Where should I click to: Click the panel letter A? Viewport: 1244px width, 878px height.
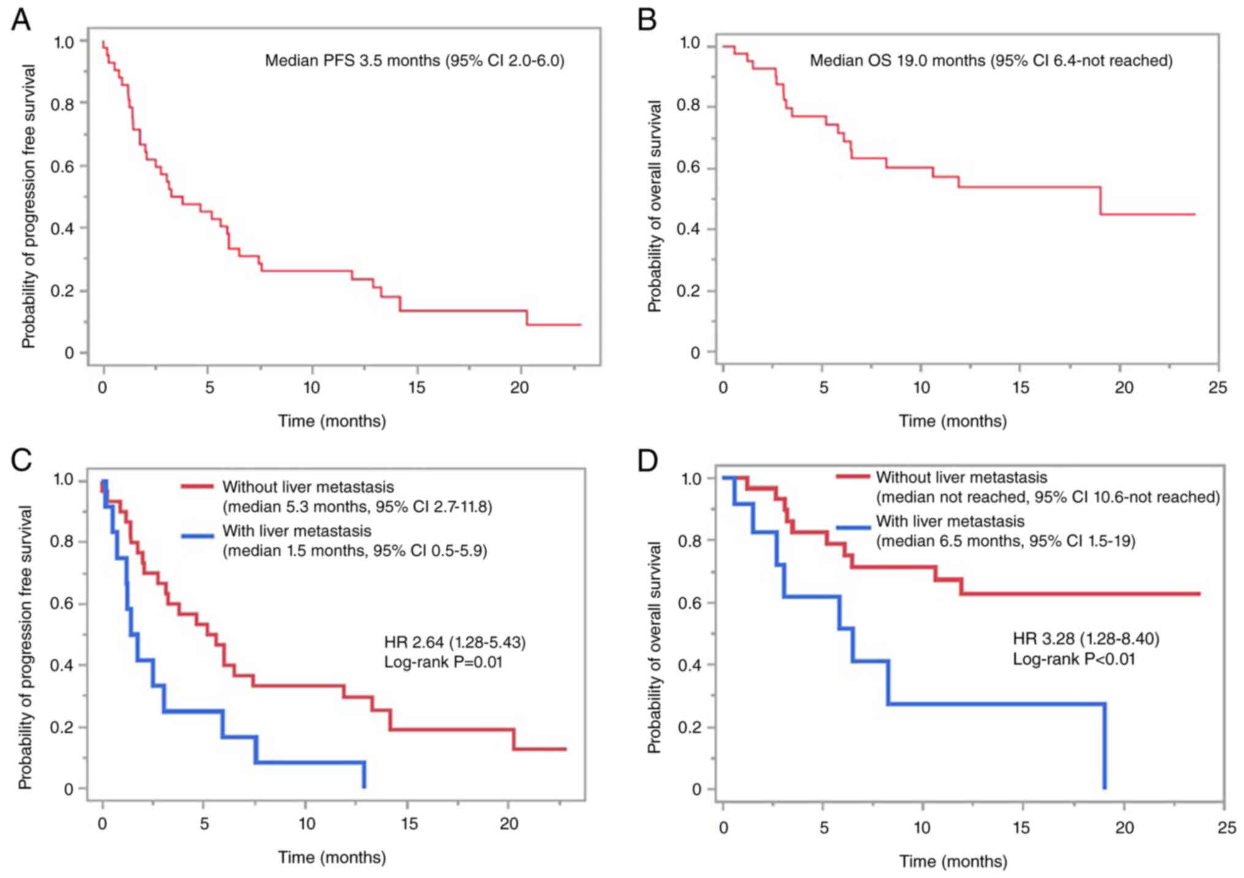(x=20, y=20)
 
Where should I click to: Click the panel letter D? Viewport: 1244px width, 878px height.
(x=647, y=461)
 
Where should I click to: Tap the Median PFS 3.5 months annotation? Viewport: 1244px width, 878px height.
(x=414, y=61)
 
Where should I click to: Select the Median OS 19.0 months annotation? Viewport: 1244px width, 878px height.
(x=990, y=61)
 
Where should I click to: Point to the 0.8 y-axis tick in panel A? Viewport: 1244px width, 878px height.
(x=62, y=104)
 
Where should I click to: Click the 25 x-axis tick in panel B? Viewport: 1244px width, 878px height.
(x=1218, y=388)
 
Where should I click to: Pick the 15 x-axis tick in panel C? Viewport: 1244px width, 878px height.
(x=409, y=824)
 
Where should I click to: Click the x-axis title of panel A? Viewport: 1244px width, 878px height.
(x=332, y=422)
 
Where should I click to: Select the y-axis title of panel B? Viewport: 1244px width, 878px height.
(x=654, y=206)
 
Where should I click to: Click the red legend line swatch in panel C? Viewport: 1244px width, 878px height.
(x=197, y=487)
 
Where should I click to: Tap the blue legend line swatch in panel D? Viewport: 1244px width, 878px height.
(x=853, y=528)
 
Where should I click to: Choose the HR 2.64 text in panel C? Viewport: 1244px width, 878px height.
(x=454, y=642)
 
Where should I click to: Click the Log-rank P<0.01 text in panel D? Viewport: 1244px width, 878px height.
(x=1073, y=659)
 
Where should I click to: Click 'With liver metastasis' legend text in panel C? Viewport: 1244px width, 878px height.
(x=296, y=531)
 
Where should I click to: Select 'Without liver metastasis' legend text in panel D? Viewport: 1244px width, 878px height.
(x=961, y=477)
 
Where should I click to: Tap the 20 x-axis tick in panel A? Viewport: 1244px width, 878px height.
(x=519, y=388)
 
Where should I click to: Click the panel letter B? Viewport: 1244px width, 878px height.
(x=647, y=20)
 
